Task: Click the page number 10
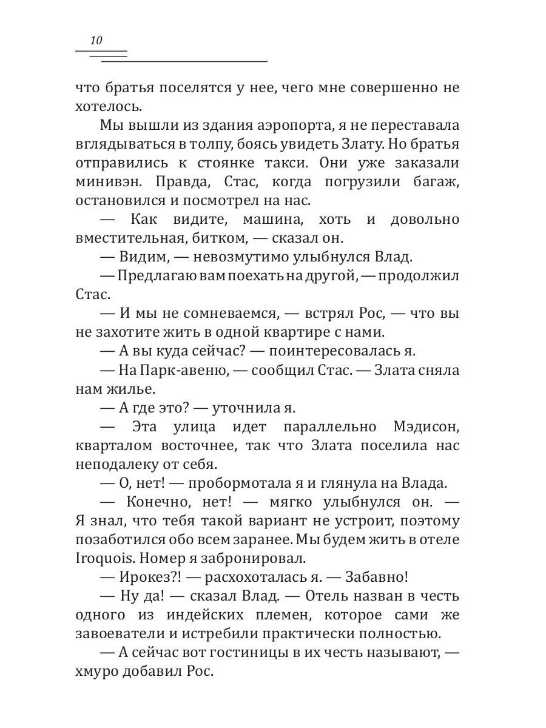[96, 41]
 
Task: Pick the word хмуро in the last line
[99, 672]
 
